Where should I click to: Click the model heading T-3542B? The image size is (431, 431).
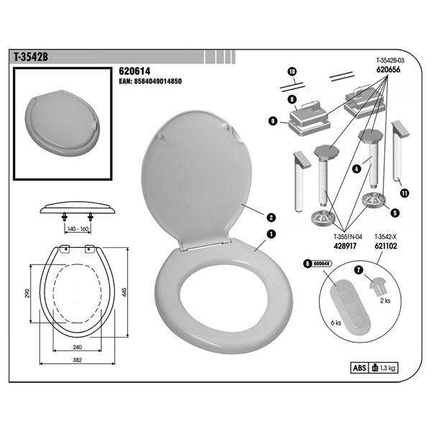(31, 57)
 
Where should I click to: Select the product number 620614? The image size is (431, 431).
(134, 71)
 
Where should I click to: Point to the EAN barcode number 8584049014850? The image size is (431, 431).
(150, 81)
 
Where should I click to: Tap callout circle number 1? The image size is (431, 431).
(271, 234)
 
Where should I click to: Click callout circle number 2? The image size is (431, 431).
(271, 218)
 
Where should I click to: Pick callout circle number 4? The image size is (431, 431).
(356, 169)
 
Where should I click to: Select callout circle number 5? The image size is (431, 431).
(395, 213)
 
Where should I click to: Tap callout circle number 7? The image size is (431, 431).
(359, 270)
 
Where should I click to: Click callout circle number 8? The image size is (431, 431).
(292, 99)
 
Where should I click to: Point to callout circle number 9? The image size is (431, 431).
(273, 121)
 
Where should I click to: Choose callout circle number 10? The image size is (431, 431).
(292, 72)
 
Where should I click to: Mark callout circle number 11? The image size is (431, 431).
(404, 193)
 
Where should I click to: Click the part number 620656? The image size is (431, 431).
(388, 70)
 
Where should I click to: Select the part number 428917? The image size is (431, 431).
(345, 246)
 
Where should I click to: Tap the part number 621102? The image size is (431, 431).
(386, 246)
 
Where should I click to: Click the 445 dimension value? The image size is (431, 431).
(124, 292)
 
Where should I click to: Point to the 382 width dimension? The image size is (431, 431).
(78, 360)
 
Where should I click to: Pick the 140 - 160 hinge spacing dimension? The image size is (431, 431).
(78, 228)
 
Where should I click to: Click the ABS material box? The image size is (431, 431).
(359, 368)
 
